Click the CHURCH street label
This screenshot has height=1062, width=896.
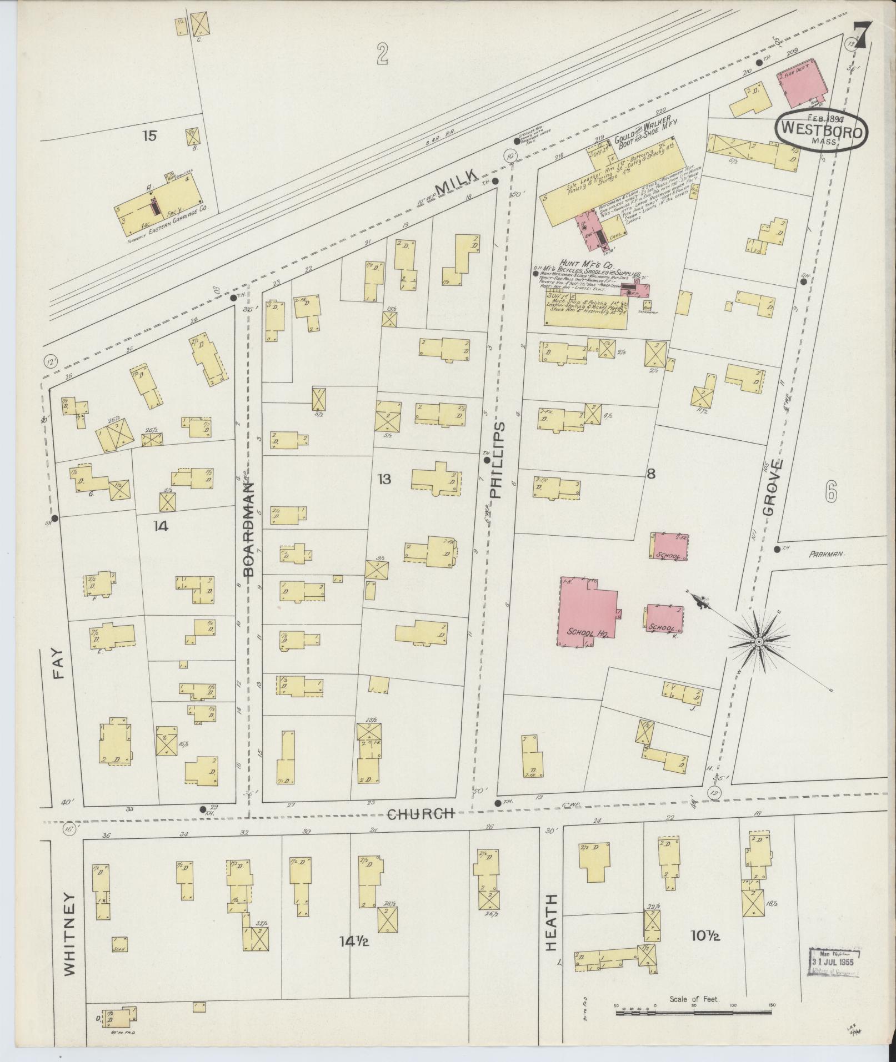(421, 814)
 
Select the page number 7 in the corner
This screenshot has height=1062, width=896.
(861, 34)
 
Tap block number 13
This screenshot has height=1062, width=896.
(384, 479)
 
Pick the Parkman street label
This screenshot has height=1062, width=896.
(826, 553)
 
